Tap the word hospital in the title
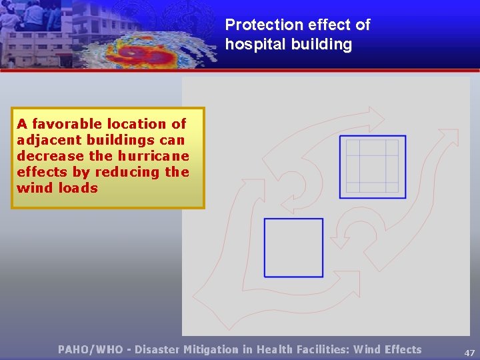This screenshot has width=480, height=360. tap(252, 45)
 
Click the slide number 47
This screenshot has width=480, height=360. tap(469, 353)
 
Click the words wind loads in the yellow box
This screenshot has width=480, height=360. tap(57, 188)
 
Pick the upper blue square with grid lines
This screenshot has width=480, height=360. tap(372, 167)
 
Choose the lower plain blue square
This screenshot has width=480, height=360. tap(293, 247)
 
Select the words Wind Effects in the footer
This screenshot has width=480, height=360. tap(387, 349)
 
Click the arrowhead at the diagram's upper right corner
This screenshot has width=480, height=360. tap(449, 137)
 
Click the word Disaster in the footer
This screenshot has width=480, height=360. tap(161, 349)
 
